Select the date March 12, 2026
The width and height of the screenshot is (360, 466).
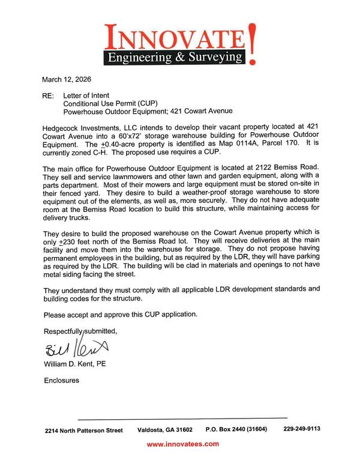click(x=67, y=79)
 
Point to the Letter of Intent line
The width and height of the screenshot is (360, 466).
click(x=88, y=95)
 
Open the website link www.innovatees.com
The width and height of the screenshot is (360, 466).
click(x=182, y=444)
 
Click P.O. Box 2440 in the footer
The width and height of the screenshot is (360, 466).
click(x=229, y=429)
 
